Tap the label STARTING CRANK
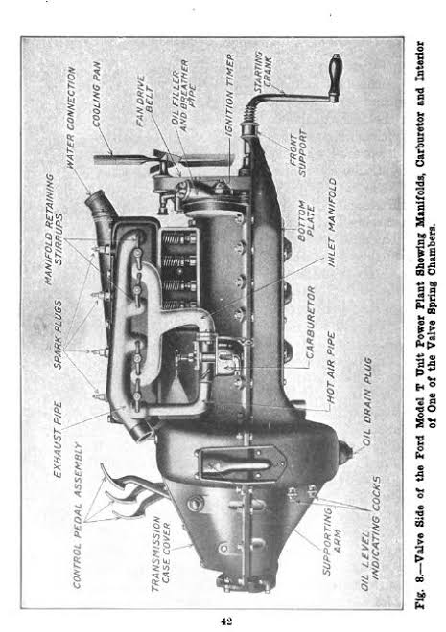pyautogui.click(x=263, y=72)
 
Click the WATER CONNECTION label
pyautogui.click(x=71, y=117)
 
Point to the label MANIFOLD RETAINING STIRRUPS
pyautogui.click(x=54, y=230)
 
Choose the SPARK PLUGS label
pyautogui.click(x=59, y=334)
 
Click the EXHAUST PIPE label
pyautogui.click(x=59, y=439)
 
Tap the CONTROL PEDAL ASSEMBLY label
pyautogui.click(x=78, y=515)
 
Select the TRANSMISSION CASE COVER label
pyautogui.click(x=160, y=553)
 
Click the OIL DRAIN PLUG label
pyautogui.click(x=367, y=401)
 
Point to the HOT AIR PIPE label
pyautogui.click(x=331, y=368)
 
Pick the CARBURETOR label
pyautogui.click(x=311, y=322)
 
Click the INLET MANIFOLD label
pyautogui.click(x=332, y=222)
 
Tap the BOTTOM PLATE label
pyautogui.click(x=306, y=221)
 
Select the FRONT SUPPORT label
pyautogui.click(x=298, y=153)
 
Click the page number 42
pyautogui.click(x=226, y=621)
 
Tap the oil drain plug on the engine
pyautogui.click(x=344, y=452)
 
